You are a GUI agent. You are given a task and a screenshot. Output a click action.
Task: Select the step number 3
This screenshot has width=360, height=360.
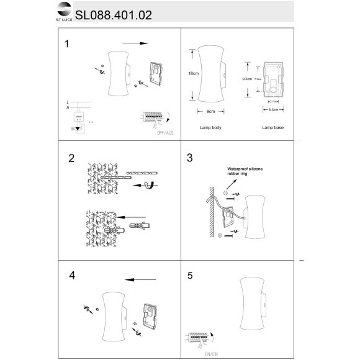(x=190, y=158)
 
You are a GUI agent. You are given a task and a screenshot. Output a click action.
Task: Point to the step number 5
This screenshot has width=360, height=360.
(x=190, y=274)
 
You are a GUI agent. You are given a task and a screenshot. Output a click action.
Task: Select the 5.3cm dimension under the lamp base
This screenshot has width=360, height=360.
(x=273, y=110)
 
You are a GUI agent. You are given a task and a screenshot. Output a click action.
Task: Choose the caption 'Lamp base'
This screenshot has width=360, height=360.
(x=273, y=127)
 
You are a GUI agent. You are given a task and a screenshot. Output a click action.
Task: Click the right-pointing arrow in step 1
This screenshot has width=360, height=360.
(x=136, y=44)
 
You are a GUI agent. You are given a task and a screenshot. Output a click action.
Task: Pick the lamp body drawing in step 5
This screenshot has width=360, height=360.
(x=252, y=307)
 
